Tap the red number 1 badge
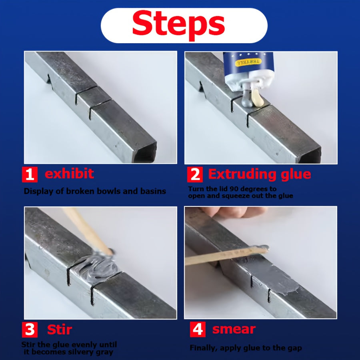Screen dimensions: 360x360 click(x=30, y=175)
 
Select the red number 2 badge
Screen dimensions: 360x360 click(x=194, y=175)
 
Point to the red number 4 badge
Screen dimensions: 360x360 click(x=197, y=330)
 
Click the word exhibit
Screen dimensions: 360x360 click(x=69, y=174)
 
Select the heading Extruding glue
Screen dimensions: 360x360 click(x=259, y=174)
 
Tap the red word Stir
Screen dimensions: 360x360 click(x=60, y=330)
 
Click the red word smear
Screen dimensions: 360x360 click(x=234, y=330)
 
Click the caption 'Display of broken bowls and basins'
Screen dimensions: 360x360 click(x=95, y=191)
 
